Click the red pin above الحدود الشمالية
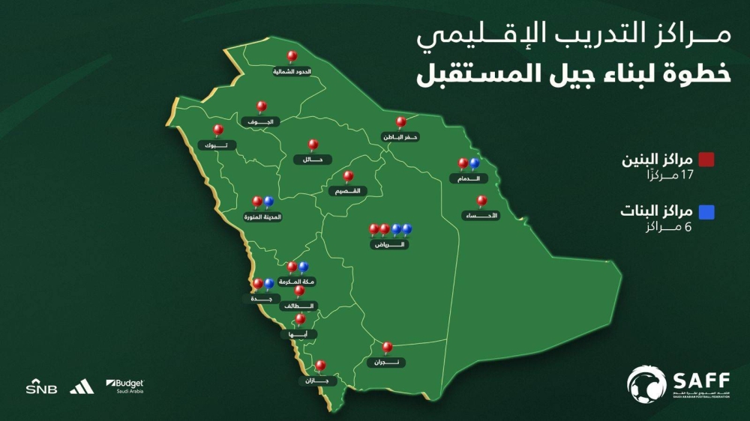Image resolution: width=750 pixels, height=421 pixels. tap(292, 56)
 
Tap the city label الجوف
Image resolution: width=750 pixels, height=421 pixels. tap(262, 121)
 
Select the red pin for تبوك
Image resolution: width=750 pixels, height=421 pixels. tap(218, 130)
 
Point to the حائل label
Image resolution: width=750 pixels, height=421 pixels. tap(312, 159)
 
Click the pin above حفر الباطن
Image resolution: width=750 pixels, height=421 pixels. tap(400, 121)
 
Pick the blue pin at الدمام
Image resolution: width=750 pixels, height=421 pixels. tap(474, 163)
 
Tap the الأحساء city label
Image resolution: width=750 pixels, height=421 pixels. tap(481, 216)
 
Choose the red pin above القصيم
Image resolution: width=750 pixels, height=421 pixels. tap(348, 176)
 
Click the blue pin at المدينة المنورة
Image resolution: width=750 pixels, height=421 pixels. tap(268, 202)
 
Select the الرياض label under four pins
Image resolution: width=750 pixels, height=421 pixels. tap(390, 244)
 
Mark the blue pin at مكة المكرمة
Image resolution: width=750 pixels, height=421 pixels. tap(303, 266)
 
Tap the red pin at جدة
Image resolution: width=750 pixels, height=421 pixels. tap(257, 283)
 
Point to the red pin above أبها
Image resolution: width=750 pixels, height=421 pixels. tap(300, 319)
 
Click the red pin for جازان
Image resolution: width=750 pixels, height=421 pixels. tap(320, 366)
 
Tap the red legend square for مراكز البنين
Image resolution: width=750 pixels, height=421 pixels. tap(706, 160)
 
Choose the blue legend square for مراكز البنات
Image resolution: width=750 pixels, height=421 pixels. tap(706, 212)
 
